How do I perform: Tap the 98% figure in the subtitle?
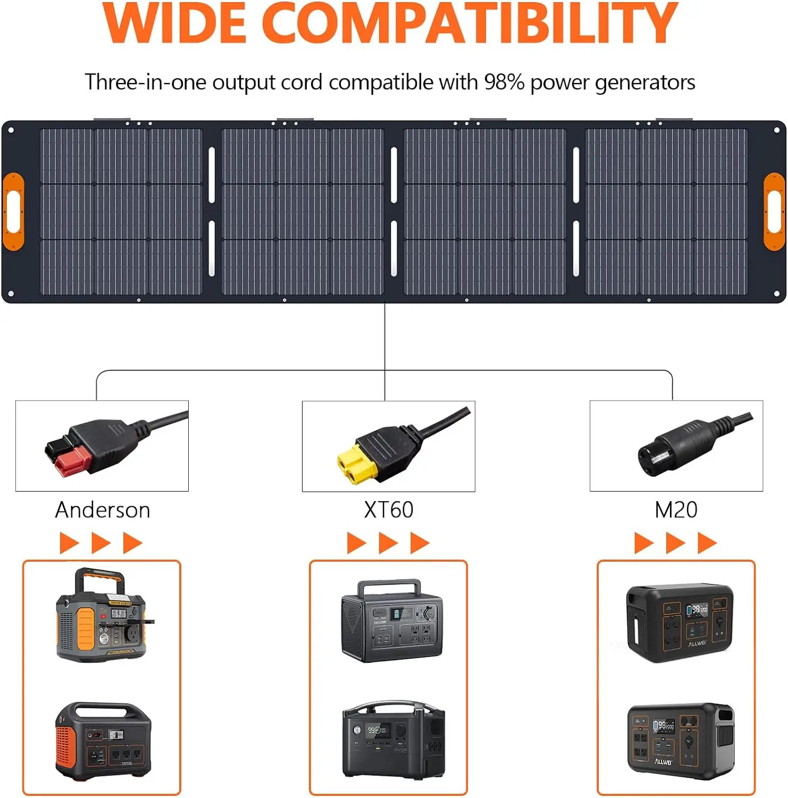point(504,82)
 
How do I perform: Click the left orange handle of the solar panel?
point(13,211)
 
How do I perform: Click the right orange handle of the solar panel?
point(774,211)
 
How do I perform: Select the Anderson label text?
point(103,510)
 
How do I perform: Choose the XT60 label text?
point(389,510)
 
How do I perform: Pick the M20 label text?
point(676,510)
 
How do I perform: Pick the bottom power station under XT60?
point(393,739)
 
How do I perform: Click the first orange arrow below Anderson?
point(69,543)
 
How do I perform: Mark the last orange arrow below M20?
point(707,543)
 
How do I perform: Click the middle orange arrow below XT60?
point(388,543)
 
